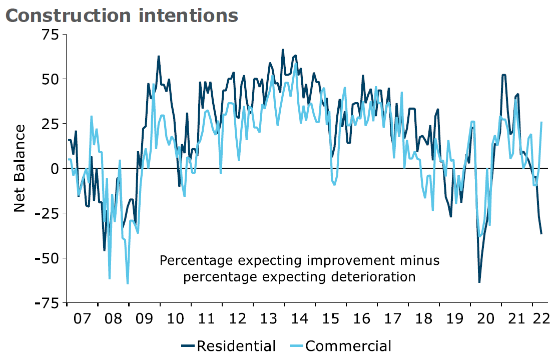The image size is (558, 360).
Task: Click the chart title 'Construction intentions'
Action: (x=122, y=16)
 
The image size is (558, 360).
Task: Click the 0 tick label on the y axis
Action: (x=56, y=169)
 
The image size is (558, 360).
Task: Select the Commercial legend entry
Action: (x=340, y=346)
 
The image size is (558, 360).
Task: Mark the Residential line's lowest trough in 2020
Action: (x=479, y=282)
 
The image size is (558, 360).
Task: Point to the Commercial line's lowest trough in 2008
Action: (x=128, y=283)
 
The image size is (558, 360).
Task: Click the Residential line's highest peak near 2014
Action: (x=283, y=50)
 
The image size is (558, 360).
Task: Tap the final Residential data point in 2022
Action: (x=541, y=234)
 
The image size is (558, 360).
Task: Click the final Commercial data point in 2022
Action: (x=541, y=122)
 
